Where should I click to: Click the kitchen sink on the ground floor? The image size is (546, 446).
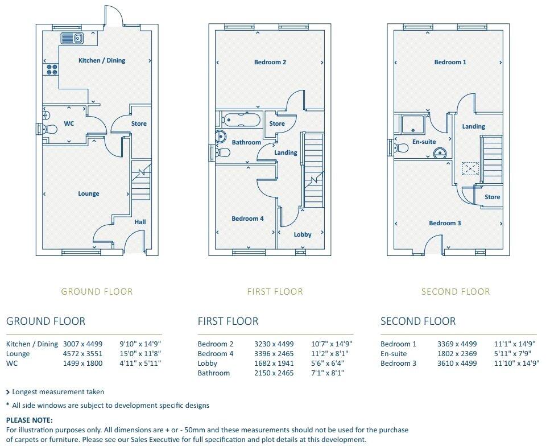[x=72, y=38]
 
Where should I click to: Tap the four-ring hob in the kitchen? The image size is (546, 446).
[x=52, y=70]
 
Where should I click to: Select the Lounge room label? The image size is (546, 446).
[x=89, y=193]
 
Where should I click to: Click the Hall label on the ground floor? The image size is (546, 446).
[x=140, y=222]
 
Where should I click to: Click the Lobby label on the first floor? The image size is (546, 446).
[x=303, y=234]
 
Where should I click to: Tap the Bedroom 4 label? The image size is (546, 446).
[x=247, y=218]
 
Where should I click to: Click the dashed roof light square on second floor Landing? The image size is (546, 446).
[x=470, y=168]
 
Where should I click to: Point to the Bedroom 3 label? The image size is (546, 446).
[x=445, y=223]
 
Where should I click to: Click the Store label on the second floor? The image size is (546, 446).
[x=493, y=197]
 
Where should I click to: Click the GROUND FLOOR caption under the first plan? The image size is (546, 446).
[x=97, y=292]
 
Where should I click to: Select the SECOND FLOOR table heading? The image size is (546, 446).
[x=417, y=321]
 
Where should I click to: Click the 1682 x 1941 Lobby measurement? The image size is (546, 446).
[x=274, y=364]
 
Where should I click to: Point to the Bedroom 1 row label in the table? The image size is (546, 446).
[x=398, y=344]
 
